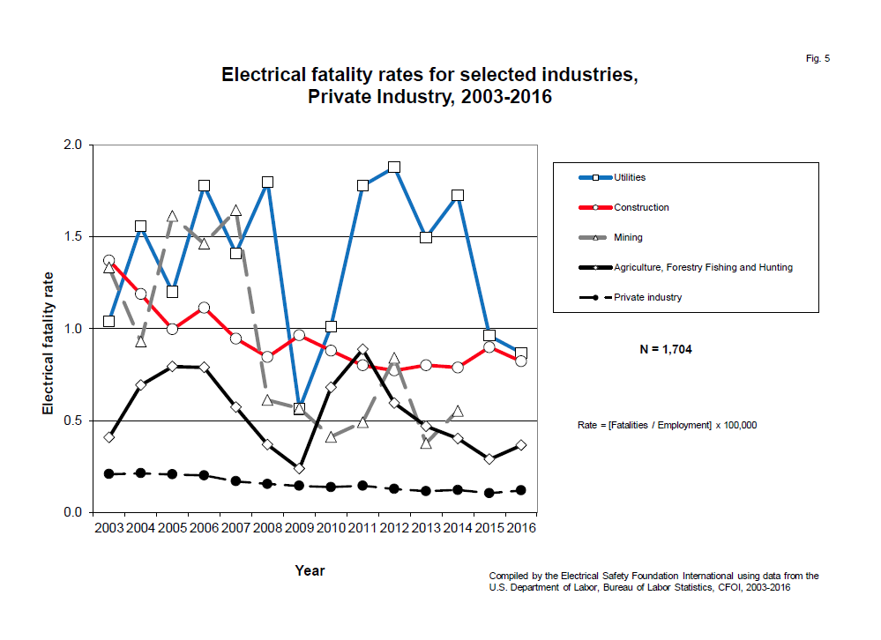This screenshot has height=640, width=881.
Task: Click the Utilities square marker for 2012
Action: pos(394,167)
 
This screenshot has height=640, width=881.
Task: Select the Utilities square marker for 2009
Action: pos(299,409)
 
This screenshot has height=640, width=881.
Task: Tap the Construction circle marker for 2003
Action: pos(108,261)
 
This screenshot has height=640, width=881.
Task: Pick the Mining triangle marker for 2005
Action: pos(172,216)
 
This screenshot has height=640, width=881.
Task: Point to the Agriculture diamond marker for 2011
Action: pos(362,350)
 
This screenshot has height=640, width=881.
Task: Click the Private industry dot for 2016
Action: pos(520,490)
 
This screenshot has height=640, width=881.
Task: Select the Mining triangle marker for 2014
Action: pos(457,411)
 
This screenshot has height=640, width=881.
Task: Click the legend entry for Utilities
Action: pos(630,177)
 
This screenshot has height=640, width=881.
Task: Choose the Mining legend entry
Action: pos(628,237)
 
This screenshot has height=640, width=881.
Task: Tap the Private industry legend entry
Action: pos(647,297)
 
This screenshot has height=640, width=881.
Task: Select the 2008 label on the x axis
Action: pos(268,529)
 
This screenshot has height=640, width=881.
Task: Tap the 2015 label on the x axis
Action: pos(489,529)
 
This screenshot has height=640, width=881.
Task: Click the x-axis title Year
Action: pos(310,570)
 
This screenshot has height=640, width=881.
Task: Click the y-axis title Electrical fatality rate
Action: pos(48,328)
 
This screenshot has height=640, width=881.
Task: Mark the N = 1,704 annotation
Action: pos(666,349)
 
